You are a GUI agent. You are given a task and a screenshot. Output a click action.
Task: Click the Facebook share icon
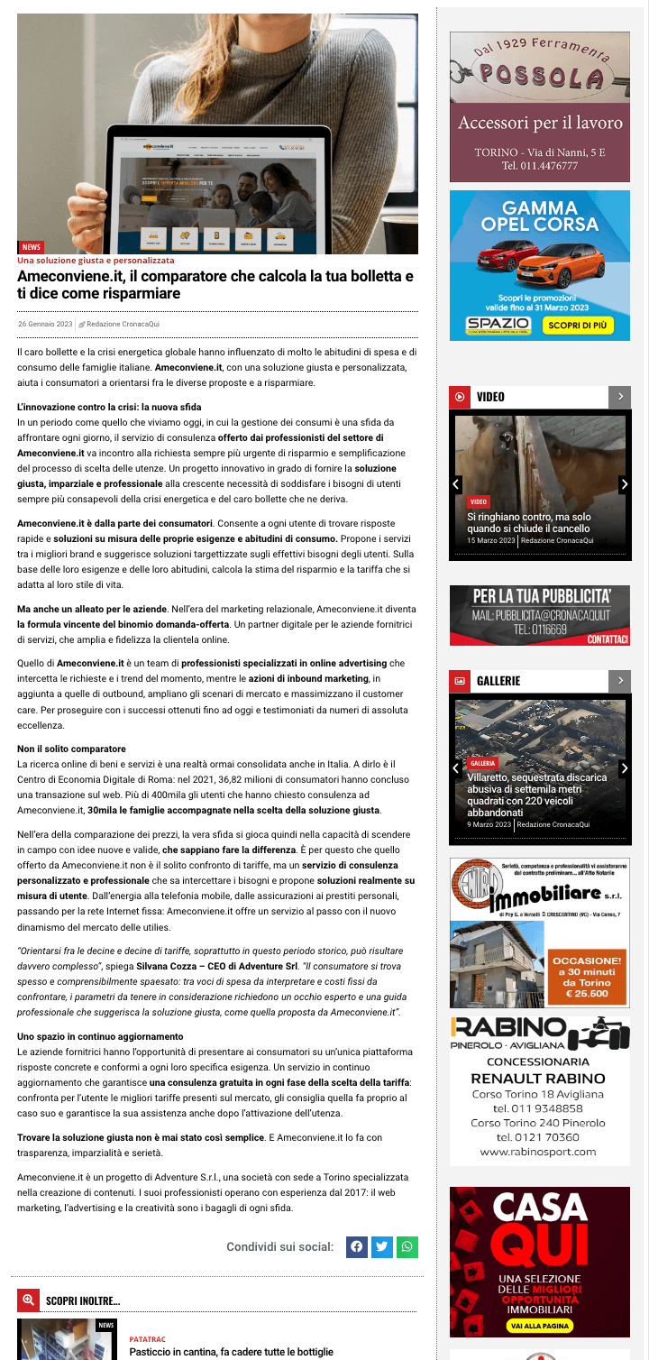coord(357,1246)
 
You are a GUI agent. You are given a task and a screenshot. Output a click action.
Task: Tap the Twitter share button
coord(382,1246)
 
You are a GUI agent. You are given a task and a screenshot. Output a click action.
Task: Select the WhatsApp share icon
coord(407,1246)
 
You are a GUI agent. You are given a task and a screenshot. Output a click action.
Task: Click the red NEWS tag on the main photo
coord(32,246)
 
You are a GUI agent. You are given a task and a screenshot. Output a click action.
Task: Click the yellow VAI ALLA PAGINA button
coord(540,1326)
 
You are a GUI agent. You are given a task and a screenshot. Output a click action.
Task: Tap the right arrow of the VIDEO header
coord(620,397)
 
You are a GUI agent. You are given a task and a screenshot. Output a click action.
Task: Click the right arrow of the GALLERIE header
coord(620,680)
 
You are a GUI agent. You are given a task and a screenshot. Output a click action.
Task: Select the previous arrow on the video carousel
coord(456,484)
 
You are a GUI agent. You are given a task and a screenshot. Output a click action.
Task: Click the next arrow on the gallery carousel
coord(624,768)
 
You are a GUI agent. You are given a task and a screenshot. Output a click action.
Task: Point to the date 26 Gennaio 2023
coord(45,324)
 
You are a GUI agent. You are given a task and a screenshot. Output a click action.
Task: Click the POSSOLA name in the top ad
coord(541,79)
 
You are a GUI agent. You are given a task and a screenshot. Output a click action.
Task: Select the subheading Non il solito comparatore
coord(71,749)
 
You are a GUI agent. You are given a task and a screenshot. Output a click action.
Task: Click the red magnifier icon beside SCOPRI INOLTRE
coord(28,1300)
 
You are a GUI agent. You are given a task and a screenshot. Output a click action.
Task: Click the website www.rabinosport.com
coord(538,1152)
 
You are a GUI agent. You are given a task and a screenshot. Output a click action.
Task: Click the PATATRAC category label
coord(148,1339)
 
